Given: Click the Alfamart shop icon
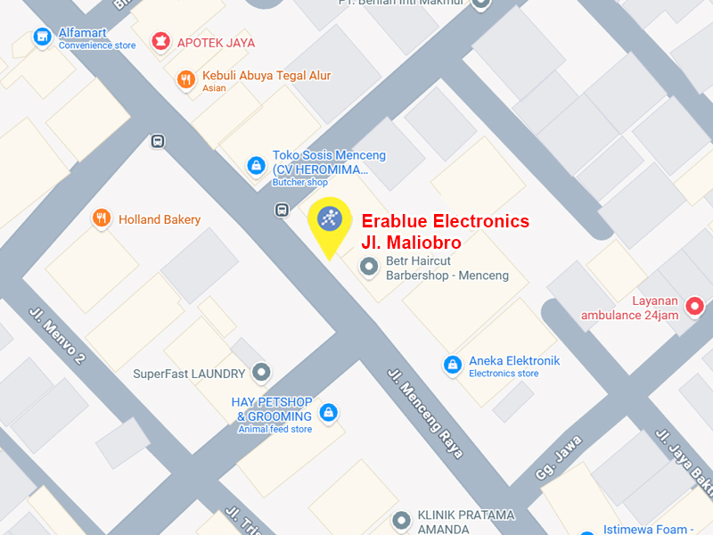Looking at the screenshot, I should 41,37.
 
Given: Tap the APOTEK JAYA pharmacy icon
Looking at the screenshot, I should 160,41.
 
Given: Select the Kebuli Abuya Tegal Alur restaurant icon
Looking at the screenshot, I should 185,79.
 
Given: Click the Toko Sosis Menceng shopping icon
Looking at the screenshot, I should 256,165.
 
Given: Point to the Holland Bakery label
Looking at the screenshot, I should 160,219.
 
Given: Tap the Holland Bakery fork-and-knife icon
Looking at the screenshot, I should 102,218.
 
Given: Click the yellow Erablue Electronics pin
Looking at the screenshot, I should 329,219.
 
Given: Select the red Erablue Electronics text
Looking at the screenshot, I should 445,231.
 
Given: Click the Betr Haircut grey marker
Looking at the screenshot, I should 367,266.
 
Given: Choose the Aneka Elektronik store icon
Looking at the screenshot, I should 453,364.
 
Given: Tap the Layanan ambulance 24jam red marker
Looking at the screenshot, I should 695,308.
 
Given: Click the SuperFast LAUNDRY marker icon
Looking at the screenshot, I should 260,371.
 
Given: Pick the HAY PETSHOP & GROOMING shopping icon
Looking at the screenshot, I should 328,412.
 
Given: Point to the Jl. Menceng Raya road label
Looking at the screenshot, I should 425,413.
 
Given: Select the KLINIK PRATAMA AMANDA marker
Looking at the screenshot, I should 400,519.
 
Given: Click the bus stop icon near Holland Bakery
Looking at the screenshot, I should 282,210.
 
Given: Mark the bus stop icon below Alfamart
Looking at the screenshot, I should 158,141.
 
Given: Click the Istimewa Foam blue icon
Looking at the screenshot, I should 585,528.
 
